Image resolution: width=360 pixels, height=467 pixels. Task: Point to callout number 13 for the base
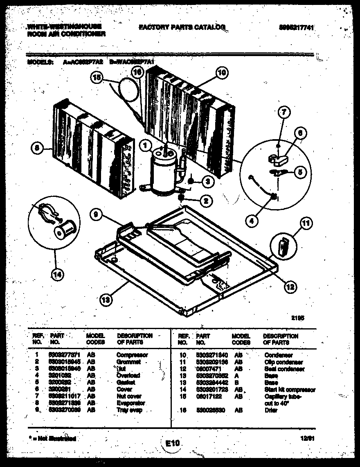(x=106, y=300)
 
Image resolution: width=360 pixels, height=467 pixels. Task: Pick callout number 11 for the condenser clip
(x=305, y=223)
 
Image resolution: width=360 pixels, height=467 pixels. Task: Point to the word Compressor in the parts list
(x=132, y=355)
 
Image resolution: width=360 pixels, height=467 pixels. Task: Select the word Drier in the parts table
(x=271, y=410)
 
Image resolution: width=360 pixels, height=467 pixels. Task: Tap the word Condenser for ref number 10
(x=279, y=355)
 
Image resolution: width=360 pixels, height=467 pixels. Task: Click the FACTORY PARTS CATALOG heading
(x=182, y=27)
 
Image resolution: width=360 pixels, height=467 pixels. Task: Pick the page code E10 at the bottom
(x=173, y=442)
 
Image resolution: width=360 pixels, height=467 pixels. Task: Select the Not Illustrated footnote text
(x=52, y=438)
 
